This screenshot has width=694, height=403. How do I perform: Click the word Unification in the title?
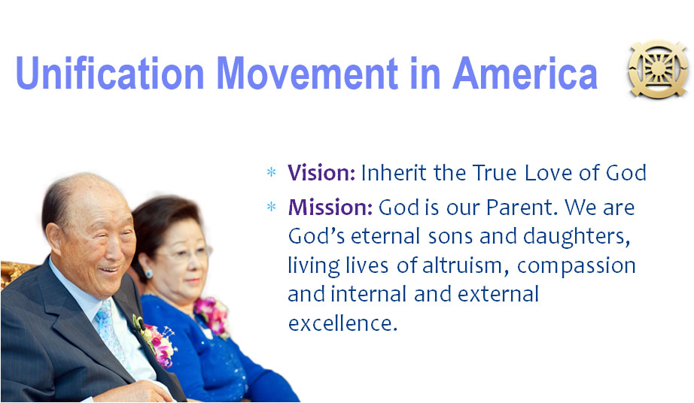110,73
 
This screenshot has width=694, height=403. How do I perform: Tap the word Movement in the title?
307,73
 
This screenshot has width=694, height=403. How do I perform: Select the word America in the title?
525,73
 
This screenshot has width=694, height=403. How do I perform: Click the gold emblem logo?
659,68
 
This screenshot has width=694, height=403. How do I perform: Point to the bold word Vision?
321,172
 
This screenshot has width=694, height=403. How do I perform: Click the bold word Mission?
330,207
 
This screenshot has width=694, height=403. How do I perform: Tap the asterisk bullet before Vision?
271,172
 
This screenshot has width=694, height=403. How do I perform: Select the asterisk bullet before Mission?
271,206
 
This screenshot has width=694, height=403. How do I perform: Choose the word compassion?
577,266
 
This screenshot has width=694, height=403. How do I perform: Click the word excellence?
342,323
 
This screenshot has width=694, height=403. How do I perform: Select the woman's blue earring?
149,274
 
